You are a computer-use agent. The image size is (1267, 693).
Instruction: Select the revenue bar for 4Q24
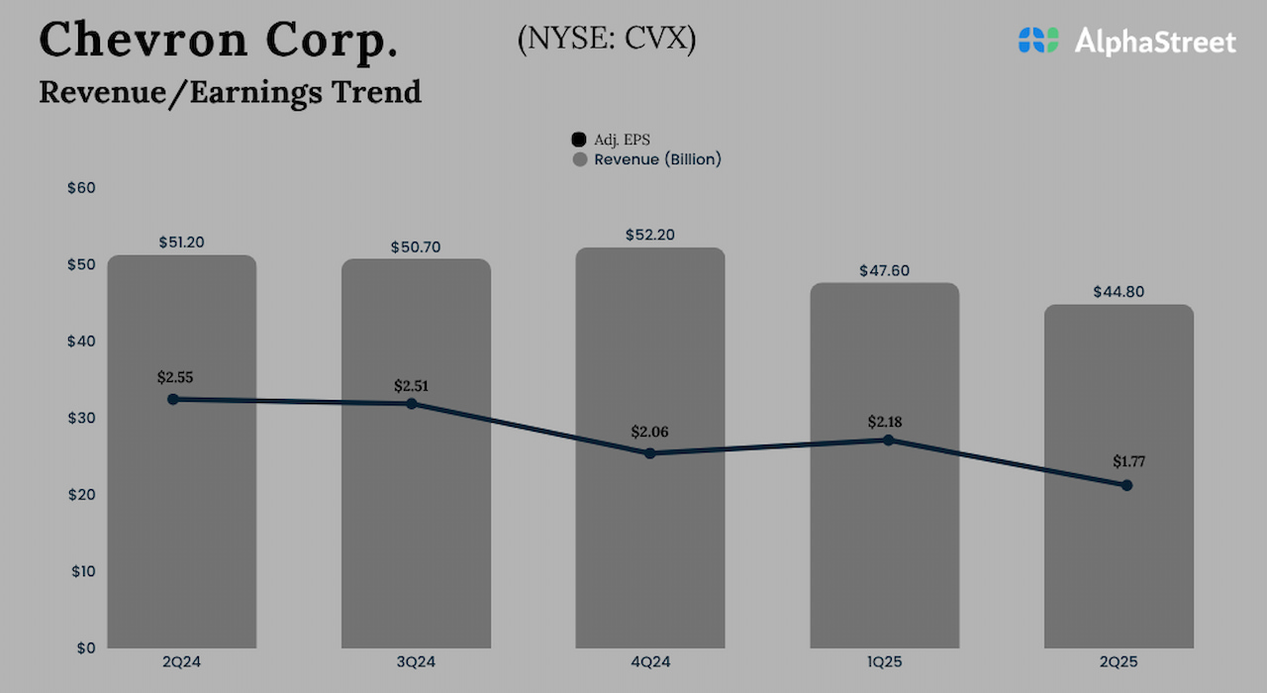point(650,535)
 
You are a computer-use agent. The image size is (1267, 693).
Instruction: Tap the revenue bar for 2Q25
point(1119,564)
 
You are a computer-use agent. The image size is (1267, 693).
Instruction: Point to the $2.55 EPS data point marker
point(173,399)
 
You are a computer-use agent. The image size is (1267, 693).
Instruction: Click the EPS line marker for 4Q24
point(650,453)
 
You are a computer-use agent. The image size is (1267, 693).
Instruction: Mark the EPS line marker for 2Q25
point(1126,485)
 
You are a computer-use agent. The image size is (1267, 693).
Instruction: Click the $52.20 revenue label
point(650,236)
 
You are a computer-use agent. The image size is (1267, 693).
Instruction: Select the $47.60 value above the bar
point(884,270)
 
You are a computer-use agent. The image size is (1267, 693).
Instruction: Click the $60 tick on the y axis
point(81,188)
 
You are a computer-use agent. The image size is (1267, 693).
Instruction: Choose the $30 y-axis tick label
point(81,418)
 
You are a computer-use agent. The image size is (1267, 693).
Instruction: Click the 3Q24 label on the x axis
point(415,661)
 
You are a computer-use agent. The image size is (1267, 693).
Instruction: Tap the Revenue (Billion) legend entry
point(647,159)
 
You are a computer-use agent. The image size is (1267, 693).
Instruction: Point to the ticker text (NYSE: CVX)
point(606,40)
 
